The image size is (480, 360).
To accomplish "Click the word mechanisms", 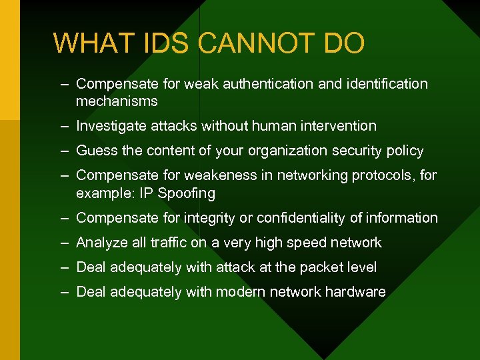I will pos(117,101).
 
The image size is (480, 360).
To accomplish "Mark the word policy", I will pos(405,151).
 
